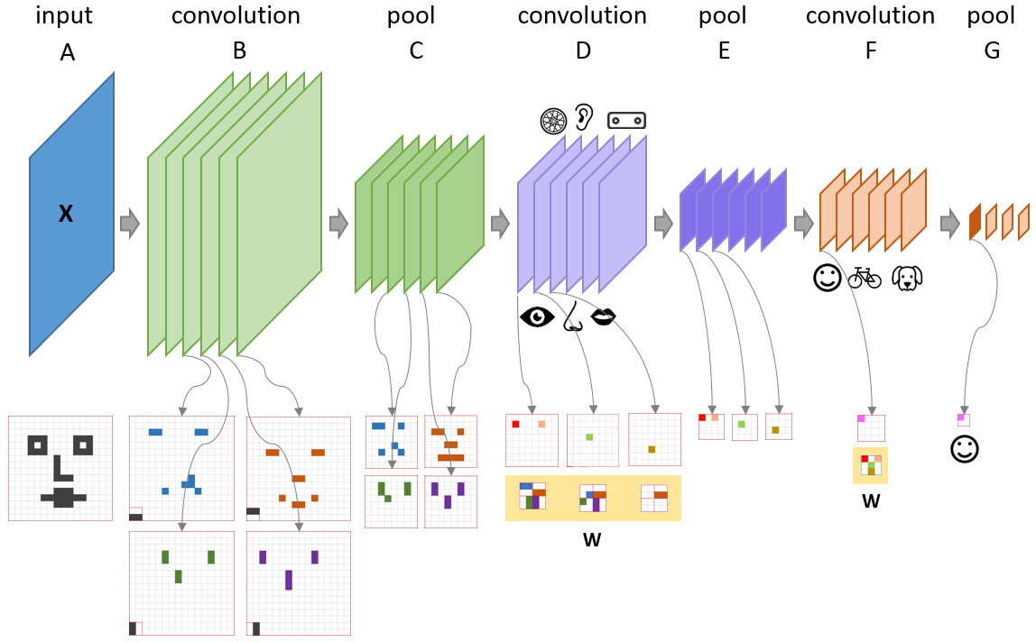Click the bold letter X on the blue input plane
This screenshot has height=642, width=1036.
point(66,215)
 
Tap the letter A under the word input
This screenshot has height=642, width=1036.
point(67,53)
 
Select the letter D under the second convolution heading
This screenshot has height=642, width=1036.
point(583,51)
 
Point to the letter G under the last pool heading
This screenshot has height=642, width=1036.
point(992,51)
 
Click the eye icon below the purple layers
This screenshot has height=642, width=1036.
point(537,318)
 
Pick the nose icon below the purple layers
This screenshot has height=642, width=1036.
point(571,316)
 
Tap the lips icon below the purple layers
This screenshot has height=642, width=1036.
point(603,316)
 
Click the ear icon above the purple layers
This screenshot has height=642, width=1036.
point(586,117)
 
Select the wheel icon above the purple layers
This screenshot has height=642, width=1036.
point(552,120)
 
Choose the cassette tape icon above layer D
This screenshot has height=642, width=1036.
point(627,119)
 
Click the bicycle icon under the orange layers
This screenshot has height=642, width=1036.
point(864,278)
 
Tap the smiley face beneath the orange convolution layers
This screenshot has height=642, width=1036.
point(827,278)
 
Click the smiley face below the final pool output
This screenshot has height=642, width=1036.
point(965,448)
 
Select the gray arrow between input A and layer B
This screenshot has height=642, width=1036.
point(130,223)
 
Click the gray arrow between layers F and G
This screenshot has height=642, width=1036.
point(949,222)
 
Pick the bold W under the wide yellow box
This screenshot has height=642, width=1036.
point(592,540)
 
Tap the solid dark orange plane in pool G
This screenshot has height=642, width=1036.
point(975,222)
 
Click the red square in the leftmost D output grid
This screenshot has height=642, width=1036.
point(515,424)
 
